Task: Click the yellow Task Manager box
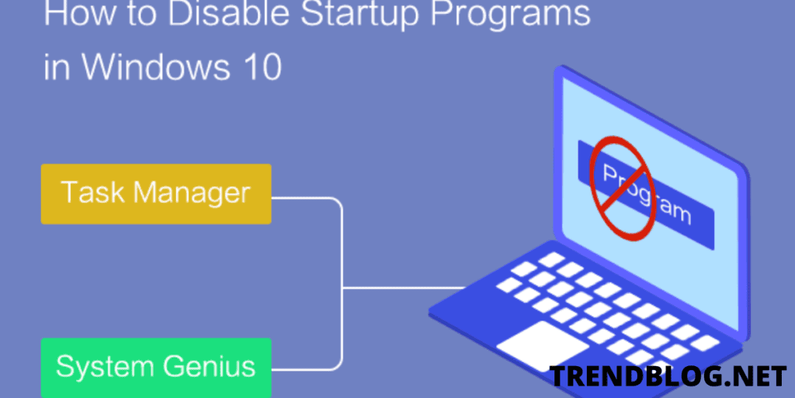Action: click(155, 194)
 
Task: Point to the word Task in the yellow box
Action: click(92, 193)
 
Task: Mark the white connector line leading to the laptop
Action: click(404, 286)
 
